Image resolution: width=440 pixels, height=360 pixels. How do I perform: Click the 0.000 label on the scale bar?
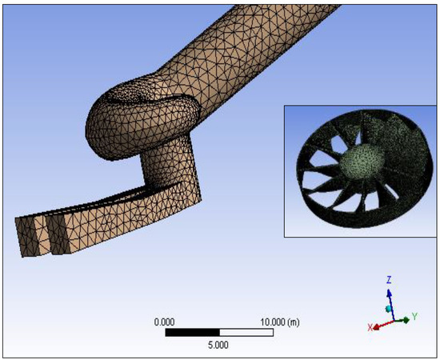(165, 322)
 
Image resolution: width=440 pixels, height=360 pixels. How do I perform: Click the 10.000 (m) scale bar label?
(280, 322)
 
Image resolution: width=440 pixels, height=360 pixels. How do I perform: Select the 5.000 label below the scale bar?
(218, 345)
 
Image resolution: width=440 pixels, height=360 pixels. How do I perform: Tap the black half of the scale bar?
(193, 333)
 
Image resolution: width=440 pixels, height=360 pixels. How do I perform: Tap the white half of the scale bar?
(246, 333)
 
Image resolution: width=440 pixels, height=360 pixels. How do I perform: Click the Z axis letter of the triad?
(389, 280)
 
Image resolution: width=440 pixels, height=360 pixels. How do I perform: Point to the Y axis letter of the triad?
(414, 317)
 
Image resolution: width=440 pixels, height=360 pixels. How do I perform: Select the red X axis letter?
(370, 327)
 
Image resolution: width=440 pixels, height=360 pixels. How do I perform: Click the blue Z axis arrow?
(391, 305)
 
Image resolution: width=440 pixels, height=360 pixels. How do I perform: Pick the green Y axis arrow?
(402, 320)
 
